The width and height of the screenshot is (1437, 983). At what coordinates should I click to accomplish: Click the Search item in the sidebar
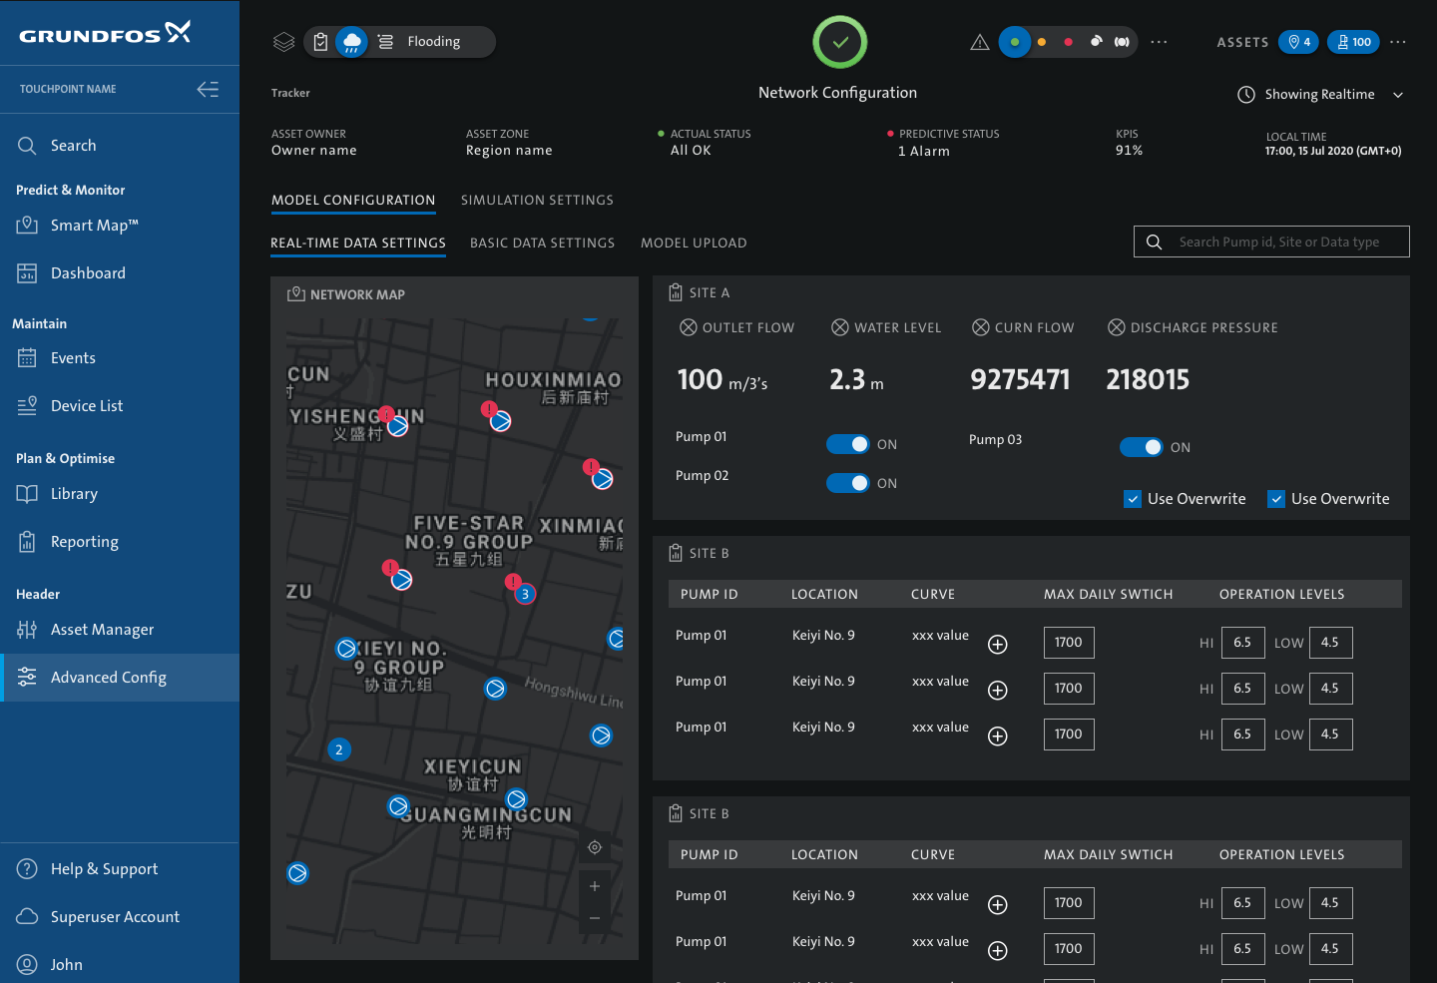(73, 146)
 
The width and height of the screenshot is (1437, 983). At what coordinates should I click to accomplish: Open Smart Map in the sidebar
(94, 226)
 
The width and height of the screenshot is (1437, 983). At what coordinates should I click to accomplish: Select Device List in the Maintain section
(87, 406)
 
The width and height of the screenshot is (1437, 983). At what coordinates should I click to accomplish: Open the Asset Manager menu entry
(102, 630)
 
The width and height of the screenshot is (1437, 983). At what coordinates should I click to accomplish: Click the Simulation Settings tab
(537, 201)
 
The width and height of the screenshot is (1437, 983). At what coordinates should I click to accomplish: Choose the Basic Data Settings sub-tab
(542, 244)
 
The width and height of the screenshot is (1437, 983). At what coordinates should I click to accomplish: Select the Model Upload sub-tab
(694, 244)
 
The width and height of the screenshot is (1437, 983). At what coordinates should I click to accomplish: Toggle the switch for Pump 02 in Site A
(848, 483)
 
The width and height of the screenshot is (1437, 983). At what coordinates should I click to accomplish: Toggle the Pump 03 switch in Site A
(1141, 447)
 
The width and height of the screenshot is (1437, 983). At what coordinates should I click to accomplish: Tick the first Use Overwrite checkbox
(1133, 499)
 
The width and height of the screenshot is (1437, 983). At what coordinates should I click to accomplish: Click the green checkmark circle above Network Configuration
(840, 42)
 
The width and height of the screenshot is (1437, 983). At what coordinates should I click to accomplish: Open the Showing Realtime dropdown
(1320, 95)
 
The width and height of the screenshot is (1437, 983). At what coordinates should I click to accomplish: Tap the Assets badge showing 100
(1353, 42)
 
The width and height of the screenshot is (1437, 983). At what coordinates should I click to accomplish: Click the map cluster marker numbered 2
(339, 749)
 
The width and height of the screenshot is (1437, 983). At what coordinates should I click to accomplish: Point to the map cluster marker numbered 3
(525, 594)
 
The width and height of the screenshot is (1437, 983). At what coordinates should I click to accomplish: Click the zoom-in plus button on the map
(595, 886)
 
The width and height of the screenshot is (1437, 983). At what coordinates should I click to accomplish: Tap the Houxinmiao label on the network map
(553, 380)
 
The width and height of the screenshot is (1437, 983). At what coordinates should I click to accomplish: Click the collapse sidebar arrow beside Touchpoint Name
(208, 90)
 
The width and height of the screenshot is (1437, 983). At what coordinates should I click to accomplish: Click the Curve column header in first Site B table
(933, 595)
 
